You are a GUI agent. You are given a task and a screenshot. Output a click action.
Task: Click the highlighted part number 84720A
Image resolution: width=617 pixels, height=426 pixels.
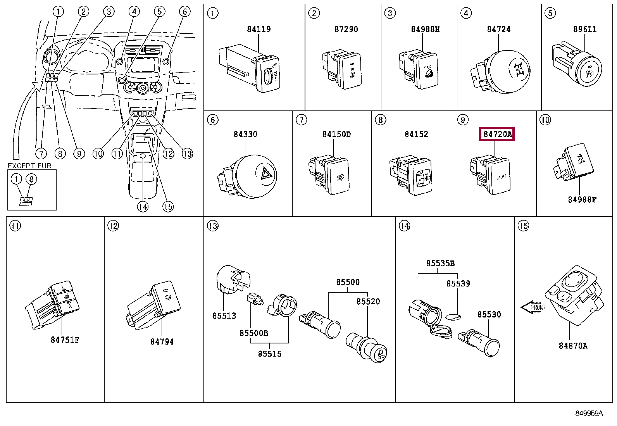coord(496,134)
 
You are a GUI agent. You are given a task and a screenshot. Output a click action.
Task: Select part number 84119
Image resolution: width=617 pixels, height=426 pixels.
coord(259,29)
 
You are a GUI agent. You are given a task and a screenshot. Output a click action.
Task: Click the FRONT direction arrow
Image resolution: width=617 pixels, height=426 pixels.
coord(533,307)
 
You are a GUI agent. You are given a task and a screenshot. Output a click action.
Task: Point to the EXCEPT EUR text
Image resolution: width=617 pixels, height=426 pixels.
coord(29,166)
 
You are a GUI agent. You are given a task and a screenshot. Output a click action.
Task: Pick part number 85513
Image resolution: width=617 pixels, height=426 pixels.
coord(224,316)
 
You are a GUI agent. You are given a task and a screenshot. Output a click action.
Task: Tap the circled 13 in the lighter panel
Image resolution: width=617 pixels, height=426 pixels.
coord(213,226)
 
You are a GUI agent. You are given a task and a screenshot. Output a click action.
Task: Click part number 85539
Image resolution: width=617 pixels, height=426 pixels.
coord(458,284)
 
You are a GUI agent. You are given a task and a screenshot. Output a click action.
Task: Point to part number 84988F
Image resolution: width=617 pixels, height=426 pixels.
coord(582,200)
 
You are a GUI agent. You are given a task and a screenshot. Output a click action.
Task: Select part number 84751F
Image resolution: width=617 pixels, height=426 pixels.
coord(65,340)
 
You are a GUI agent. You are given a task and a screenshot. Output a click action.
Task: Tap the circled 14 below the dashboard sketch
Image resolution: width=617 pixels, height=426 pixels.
coord(143,207)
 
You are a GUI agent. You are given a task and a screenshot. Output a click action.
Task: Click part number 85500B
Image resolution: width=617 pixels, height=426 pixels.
coord(254,333)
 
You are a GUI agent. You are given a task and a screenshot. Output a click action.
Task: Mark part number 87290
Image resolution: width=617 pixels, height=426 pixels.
coord(346,29)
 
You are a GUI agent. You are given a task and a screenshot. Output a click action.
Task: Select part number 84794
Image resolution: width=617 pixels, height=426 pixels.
coord(162,342)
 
